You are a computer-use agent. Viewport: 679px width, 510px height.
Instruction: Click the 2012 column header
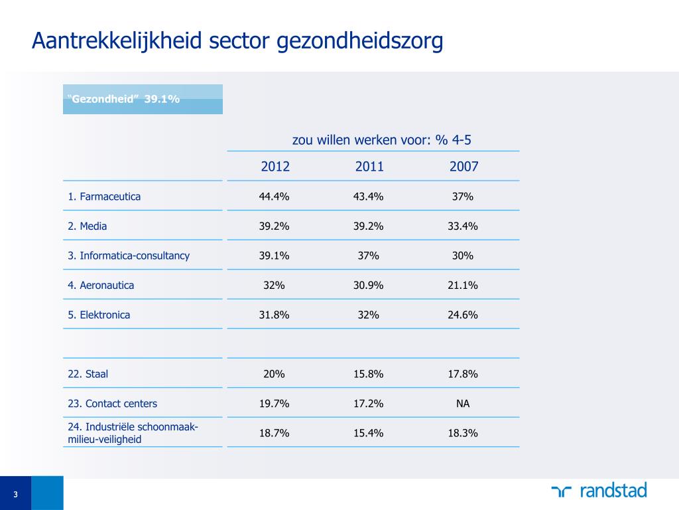coord(275,167)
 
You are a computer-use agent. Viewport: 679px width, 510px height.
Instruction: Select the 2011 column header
coord(369,167)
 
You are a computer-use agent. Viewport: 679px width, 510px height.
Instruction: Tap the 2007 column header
coord(463,167)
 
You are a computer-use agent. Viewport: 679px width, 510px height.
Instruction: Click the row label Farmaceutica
coord(104,197)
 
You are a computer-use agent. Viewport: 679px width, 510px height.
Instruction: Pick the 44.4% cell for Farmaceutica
coord(274,197)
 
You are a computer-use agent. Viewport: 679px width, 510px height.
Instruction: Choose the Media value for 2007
coord(463,226)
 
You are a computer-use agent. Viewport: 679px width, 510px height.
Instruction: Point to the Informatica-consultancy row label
coord(129,256)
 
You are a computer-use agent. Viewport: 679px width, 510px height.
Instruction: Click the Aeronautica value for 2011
coord(369,285)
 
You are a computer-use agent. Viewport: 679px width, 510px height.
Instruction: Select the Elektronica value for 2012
coord(274,315)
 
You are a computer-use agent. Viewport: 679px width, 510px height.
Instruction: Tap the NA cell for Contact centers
coord(463,403)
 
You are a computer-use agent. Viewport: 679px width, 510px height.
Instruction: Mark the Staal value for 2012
coord(274,374)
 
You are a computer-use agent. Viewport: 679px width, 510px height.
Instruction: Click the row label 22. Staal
coord(88,374)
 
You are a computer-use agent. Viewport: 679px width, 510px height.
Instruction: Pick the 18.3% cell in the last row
coord(463,433)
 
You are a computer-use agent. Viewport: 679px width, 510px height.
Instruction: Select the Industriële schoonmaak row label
coord(133,432)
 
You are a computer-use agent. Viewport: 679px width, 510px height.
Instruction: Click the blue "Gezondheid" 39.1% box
coord(143,100)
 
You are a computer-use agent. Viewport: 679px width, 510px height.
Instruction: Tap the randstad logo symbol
coord(561,491)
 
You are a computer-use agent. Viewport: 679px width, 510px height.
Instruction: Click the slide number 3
coord(15,494)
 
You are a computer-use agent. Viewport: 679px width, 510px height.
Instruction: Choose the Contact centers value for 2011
coord(369,403)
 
